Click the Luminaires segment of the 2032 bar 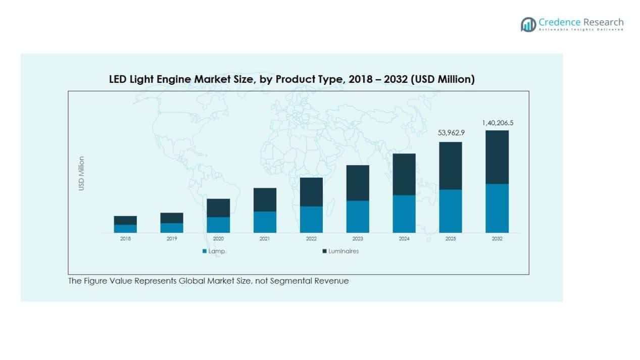(497, 157)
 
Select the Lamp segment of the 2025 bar (451, 211)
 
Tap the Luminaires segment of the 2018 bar (125, 220)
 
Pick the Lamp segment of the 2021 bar (265, 222)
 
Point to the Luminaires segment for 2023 (358, 183)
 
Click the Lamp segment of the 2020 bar (218, 225)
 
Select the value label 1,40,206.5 (497, 123)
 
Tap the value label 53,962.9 (451, 134)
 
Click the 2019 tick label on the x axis (172, 239)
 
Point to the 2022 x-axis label (311, 239)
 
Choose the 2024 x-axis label (404, 239)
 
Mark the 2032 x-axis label (497, 239)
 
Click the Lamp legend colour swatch (204, 251)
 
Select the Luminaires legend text (343, 251)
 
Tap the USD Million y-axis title (81, 173)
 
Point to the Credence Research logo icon (528, 24)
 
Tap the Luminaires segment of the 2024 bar (404, 174)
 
